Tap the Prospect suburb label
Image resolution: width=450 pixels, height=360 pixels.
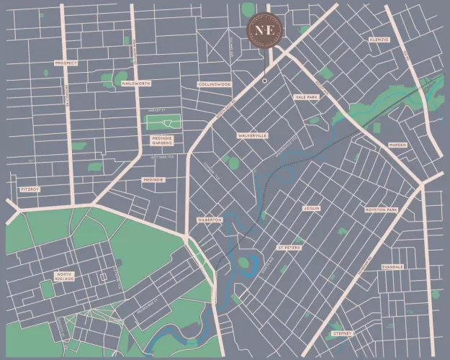click(x=66, y=63)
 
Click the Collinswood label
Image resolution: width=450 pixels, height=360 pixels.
click(x=215, y=84)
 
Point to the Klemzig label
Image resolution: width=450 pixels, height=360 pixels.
click(x=379, y=39)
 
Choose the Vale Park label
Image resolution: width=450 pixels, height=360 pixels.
click(x=306, y=96)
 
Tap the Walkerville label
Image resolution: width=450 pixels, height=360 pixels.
click(x=252, y=135)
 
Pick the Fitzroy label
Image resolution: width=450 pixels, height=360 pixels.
click(x=28, y=189)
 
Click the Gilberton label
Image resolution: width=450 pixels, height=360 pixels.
click(x=210, y=220)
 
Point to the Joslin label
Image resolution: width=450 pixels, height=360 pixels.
click(x=311, y=208)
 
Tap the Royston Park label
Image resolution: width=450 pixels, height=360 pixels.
click(x=381, y=210)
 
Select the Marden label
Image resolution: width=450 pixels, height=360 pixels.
click(x=397, y=145)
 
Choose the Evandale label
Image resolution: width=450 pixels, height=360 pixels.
click(x=392, y=266)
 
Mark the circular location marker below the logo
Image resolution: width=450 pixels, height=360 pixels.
click(x=264, y=81)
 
